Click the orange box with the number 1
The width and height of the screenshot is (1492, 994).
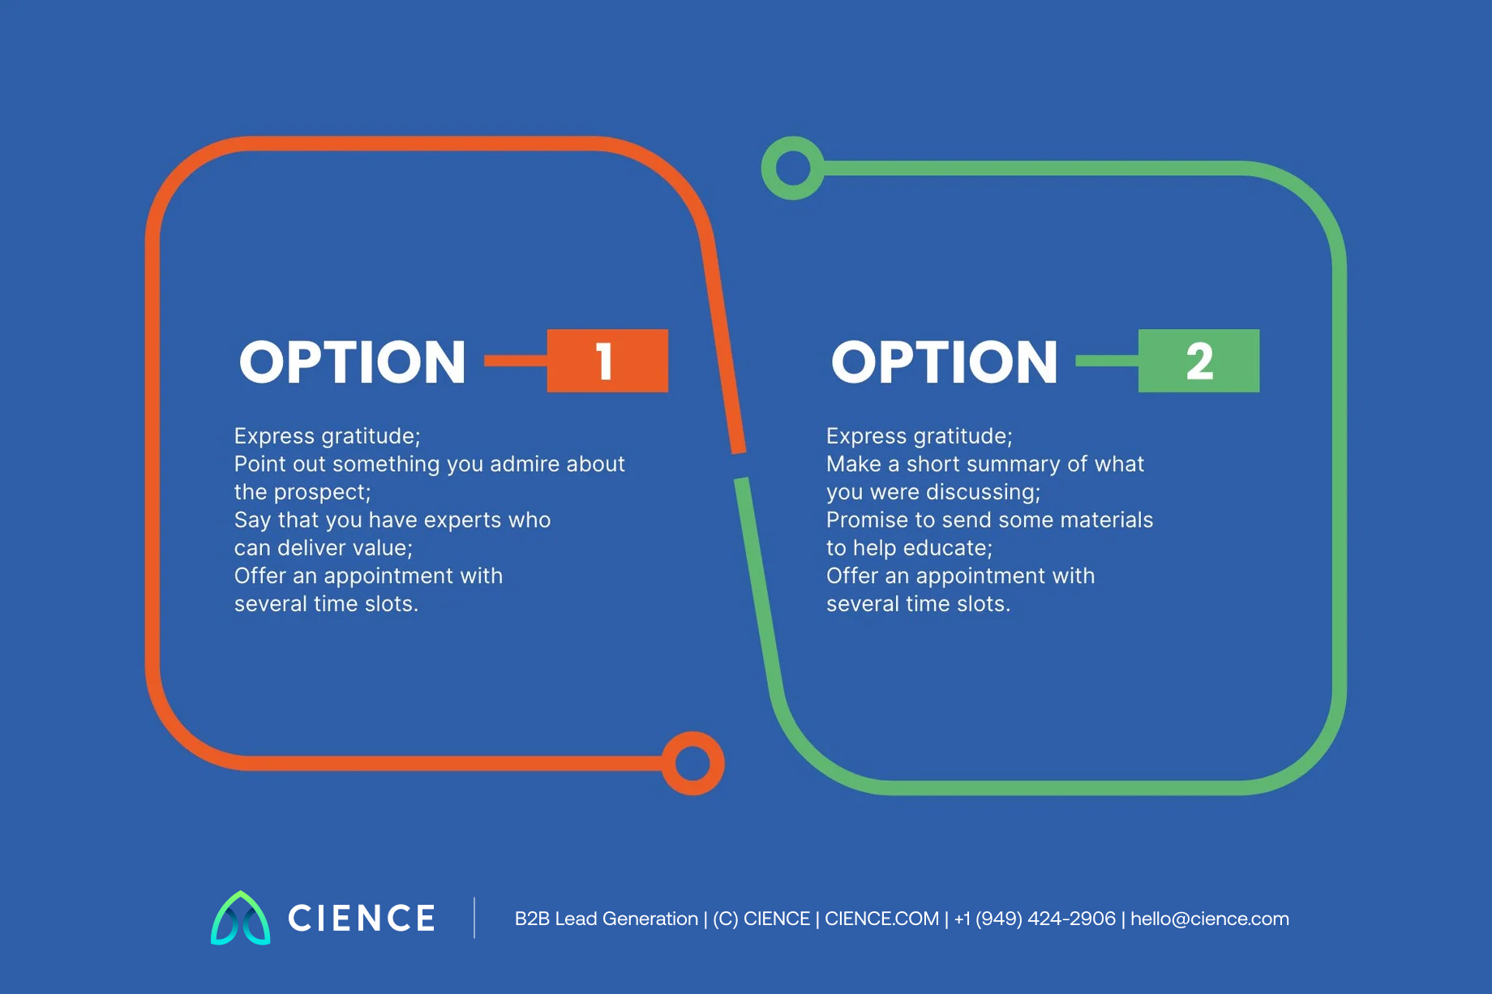607,361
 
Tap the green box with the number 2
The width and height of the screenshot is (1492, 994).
1198,361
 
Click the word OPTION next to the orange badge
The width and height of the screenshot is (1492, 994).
353,362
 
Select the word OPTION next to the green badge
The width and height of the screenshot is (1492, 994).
945,362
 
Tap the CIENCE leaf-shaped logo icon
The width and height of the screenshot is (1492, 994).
241,919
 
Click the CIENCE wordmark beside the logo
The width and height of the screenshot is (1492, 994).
362,919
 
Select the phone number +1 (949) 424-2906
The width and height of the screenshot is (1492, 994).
1035,919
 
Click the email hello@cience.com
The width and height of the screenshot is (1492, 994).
1210,919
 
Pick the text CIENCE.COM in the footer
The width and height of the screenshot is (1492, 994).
881,919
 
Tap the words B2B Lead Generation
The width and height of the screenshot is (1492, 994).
607,919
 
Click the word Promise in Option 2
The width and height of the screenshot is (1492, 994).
863,520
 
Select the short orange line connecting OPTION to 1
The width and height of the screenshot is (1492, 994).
516,361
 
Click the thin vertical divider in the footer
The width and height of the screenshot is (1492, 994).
474,918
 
